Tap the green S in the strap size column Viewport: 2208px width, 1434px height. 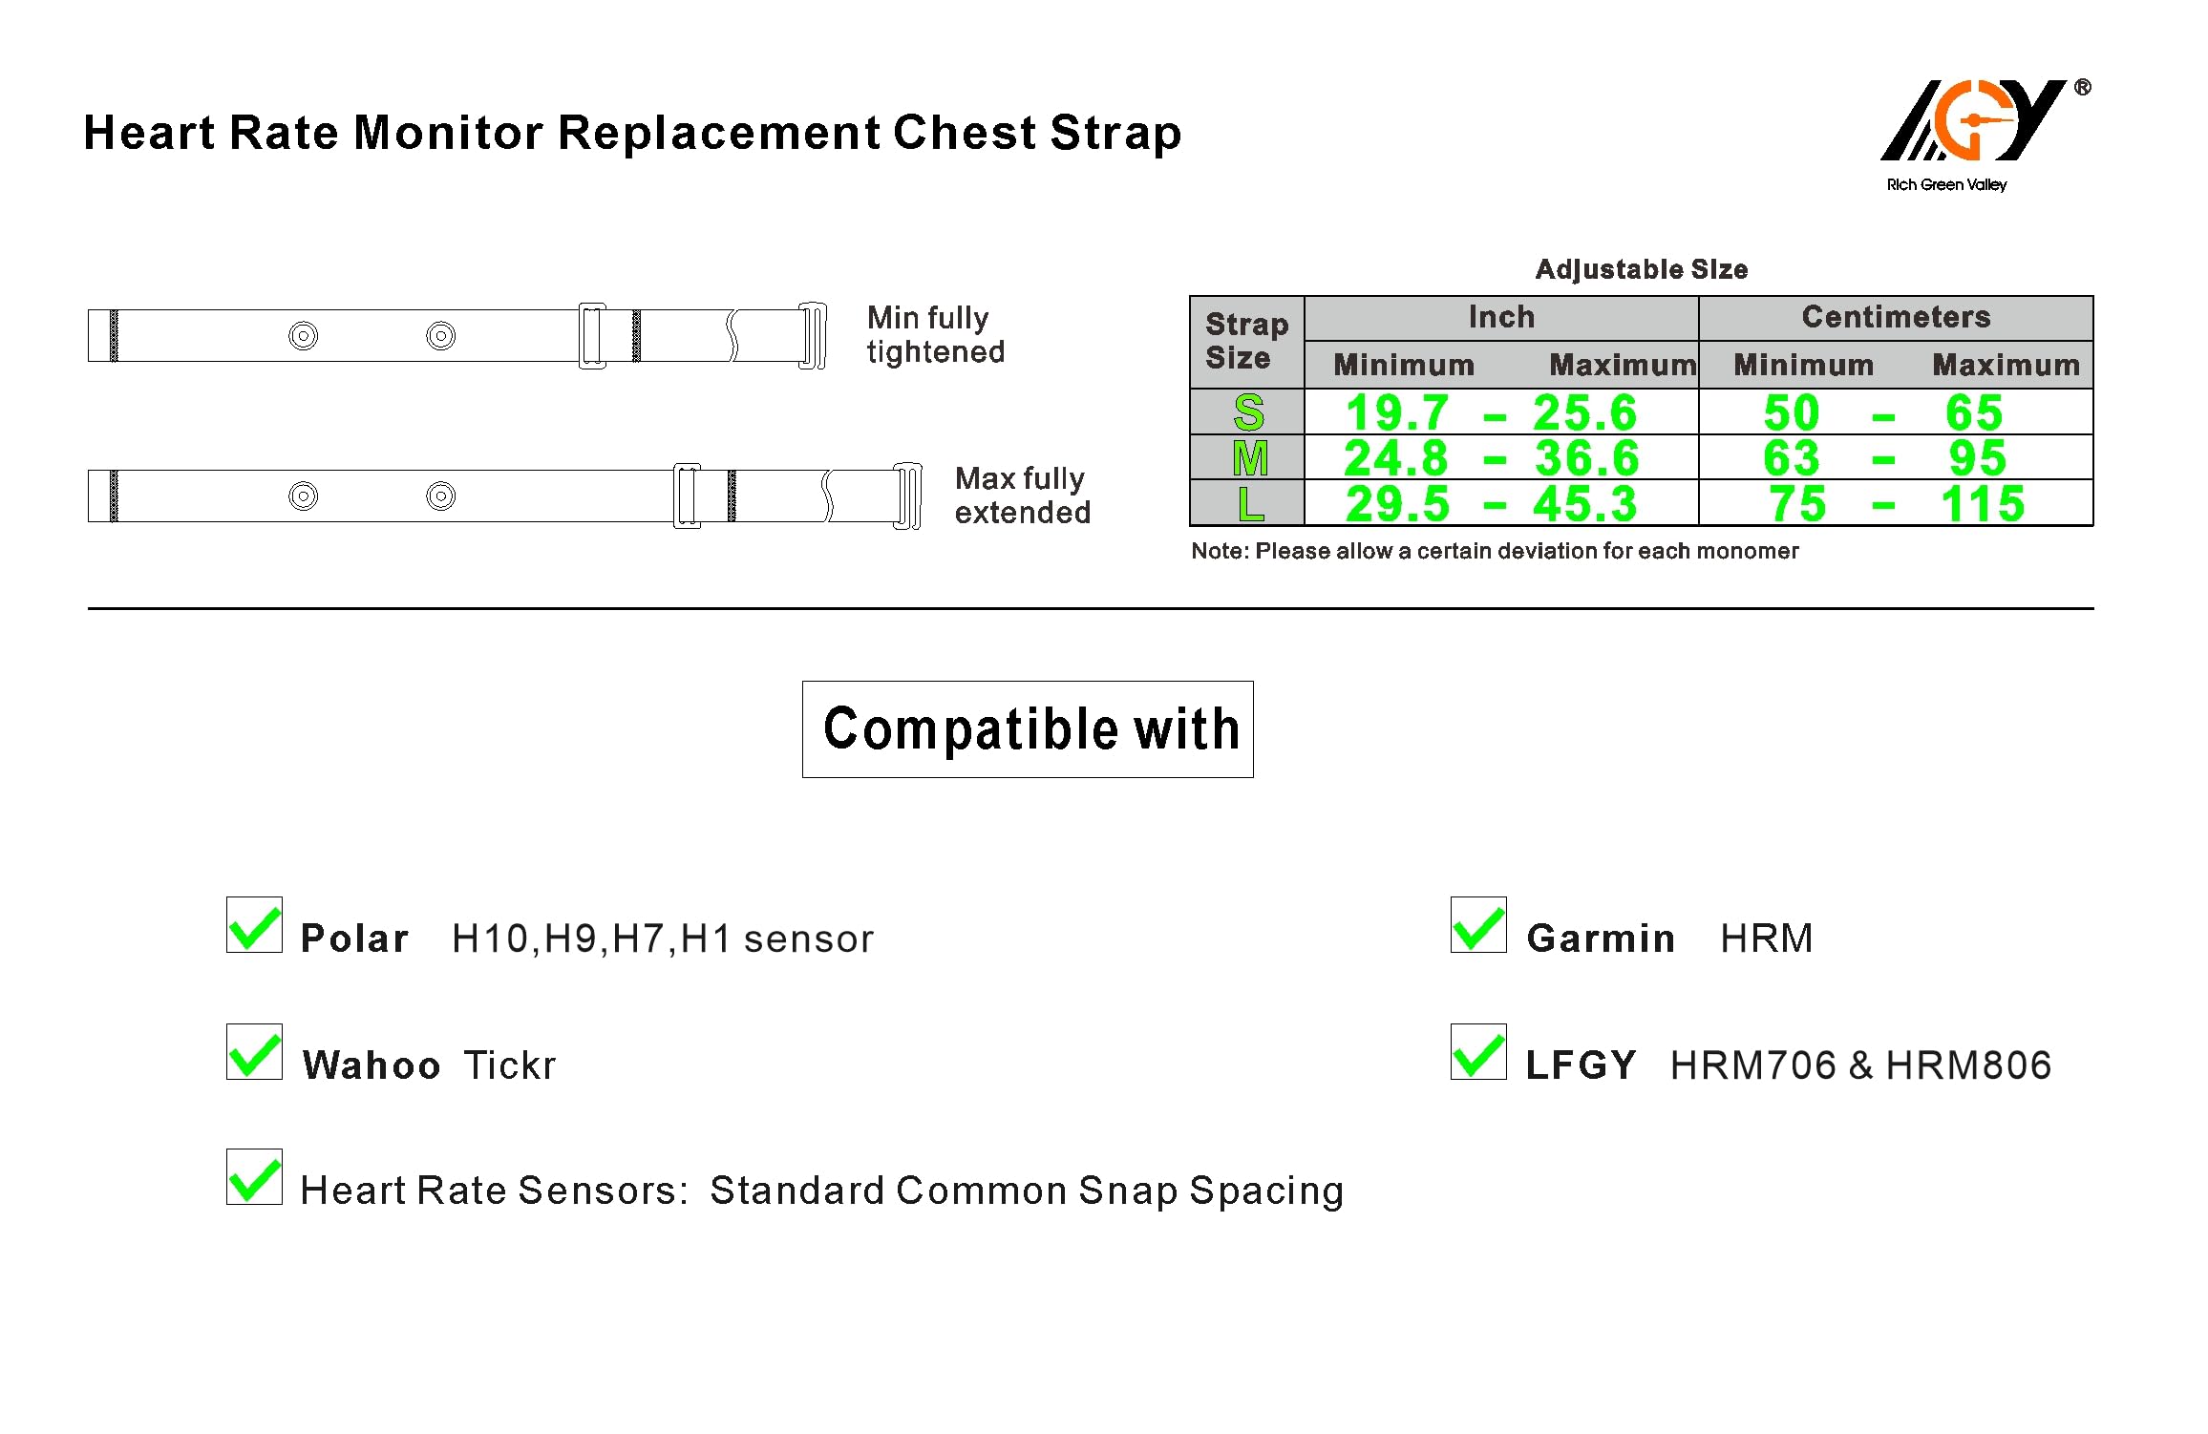(x=1248, y=412)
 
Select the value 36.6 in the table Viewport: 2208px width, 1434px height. (x=1586, y=458)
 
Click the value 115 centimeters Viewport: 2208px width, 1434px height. (x=1983, y=503)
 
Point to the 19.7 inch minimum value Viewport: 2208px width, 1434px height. (x=1397, y=412)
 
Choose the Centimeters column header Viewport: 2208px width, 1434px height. (x=1896, y=317)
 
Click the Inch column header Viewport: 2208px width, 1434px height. (x=1501, y=317)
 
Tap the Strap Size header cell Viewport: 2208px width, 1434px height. (x=1246, y=341)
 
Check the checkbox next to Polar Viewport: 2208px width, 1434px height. (x=254, y=924)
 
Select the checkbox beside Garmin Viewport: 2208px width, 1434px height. (x=1478, y=924)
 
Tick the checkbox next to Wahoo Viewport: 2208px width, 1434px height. (x=254, y=1051)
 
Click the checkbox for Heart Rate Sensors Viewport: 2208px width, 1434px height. (x=254, y=1176)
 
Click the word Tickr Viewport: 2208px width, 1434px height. (x=509, y=1065)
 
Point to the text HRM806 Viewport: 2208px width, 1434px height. (x=1968, y=1065)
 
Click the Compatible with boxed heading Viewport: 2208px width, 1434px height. (x=1028, y=729)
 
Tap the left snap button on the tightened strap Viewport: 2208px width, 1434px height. (x=303, y=336)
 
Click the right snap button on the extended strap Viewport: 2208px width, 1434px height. (x=440, y=496)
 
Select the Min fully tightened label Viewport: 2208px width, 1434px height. (x=936, y=335)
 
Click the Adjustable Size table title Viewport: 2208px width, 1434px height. (x=1642, y=269)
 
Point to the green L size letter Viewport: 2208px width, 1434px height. (x=1250, y=504)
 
